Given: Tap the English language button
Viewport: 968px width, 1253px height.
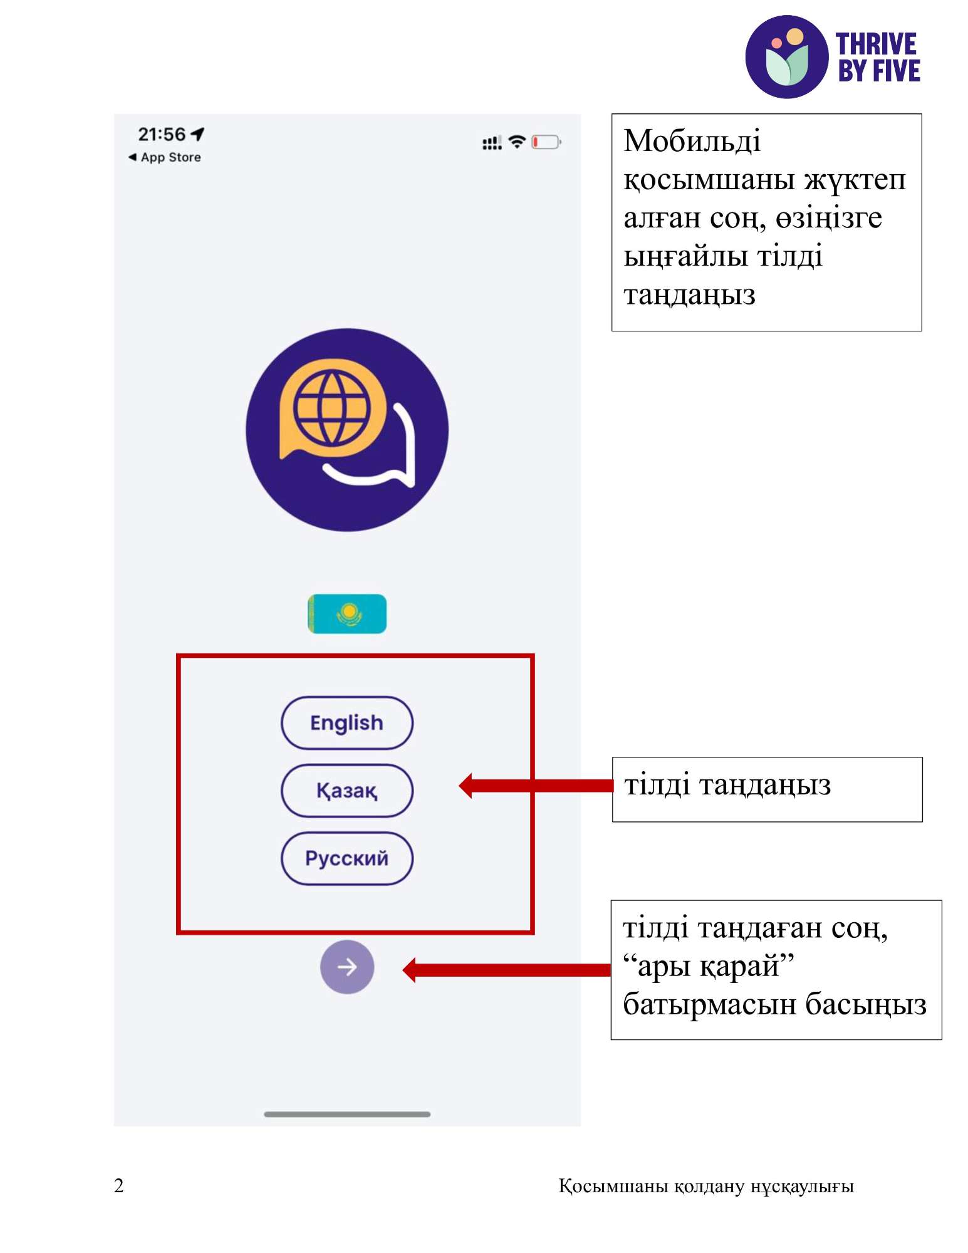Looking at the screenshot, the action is [x=347, y=723].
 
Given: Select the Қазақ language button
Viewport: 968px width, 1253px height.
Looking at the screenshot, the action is [x=347, y=791].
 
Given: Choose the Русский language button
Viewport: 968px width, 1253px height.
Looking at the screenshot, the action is [x=347, y=858].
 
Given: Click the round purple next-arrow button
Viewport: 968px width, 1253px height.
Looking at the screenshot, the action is [x=347, y=967].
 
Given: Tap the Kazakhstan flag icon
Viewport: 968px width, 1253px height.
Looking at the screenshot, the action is [x=347, y=613].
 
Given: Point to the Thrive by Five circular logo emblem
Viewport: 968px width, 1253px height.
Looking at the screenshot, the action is [x=787, y=57].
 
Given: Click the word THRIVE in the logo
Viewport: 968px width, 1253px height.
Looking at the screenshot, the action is [x=876, y=44].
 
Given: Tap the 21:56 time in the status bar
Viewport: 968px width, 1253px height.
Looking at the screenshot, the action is [x=162, y=134].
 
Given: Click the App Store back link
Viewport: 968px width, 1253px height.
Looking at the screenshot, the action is [x=165, y=157].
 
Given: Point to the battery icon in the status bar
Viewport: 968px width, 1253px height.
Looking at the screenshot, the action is [x=546, y=142].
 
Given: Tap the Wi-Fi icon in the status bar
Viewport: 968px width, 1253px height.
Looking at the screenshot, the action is [x=517, y=142].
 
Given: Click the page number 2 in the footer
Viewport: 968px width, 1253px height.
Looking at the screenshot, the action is [x=119, y=1185].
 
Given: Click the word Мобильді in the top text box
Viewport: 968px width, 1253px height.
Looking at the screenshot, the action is [x=692, y=140].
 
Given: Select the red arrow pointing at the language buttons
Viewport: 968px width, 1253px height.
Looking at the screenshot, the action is [x=536, y=786].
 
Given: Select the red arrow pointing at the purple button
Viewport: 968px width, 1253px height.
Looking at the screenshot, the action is [x=507, y=970].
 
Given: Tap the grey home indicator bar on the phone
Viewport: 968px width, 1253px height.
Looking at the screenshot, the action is [x=347, y=1114].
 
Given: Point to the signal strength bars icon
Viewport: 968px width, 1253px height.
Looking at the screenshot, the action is [x=492, y=143].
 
